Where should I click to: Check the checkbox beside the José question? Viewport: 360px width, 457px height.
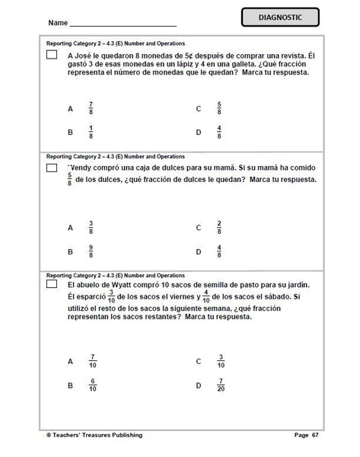52,56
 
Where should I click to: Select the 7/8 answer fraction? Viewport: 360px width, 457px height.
91,108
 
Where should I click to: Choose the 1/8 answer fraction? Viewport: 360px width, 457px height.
91,132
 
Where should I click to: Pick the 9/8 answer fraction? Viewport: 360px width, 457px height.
91,251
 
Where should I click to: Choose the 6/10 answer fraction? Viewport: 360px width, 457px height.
92,385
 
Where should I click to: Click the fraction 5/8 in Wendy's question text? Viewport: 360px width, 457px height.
70,180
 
